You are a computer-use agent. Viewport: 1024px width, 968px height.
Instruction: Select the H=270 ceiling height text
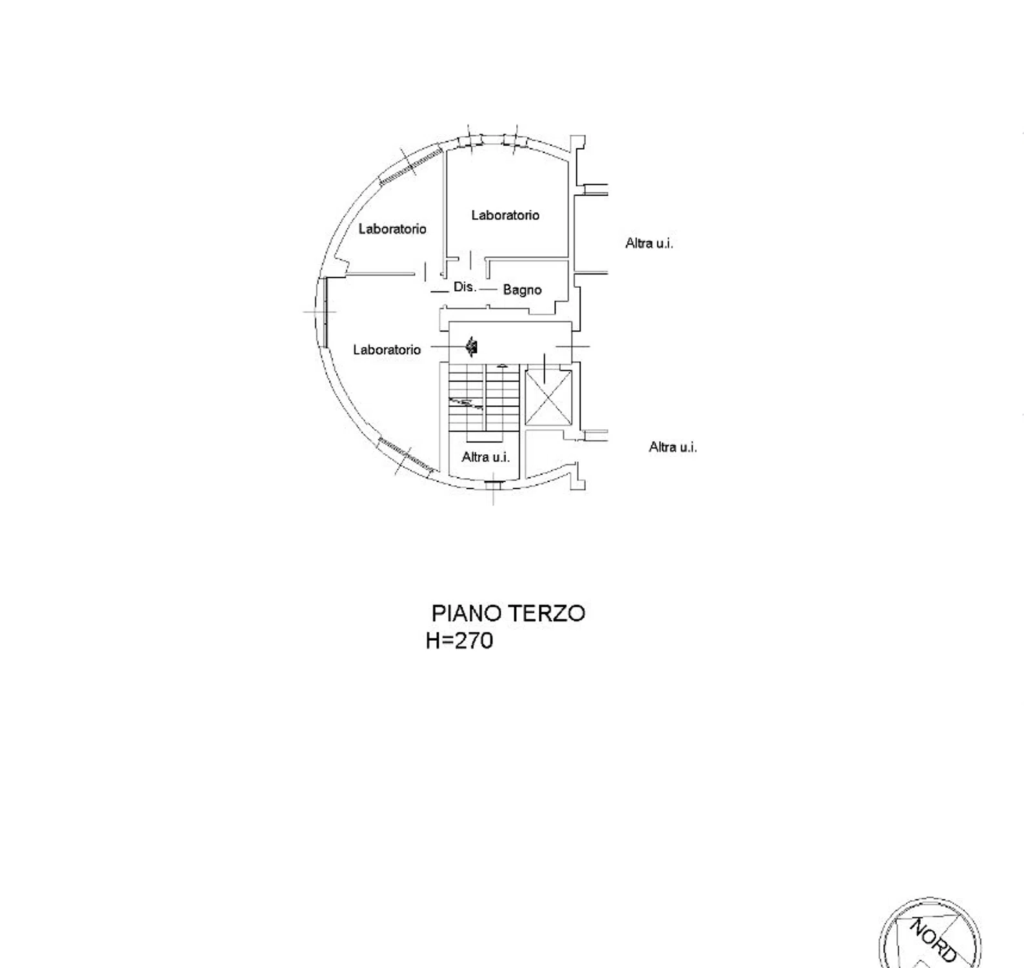[x=459, y=640]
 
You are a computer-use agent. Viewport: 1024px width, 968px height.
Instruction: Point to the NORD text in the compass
[x=933, y=940]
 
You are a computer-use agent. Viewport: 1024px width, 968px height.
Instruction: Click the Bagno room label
[x=522, y=290]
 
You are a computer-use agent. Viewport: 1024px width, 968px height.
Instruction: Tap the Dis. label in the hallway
[x=465, y=287]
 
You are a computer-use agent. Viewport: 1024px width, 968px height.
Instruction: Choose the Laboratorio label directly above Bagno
[x=505, y=215]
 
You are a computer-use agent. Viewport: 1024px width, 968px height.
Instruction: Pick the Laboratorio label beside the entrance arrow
[x=387, y=350]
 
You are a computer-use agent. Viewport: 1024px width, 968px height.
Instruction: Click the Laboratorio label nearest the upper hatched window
[x=392, y=228]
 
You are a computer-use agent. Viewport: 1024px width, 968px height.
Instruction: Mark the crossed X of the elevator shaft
[x=548, y=398]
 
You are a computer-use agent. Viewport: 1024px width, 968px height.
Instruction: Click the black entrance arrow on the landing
[x=472, y=347]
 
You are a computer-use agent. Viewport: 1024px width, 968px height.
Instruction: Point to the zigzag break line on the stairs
[x=467, y=403]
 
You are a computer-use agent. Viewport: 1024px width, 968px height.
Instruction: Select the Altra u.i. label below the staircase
[x=486, y=457]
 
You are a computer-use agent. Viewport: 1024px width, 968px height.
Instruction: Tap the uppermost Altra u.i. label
[x=649, y=243]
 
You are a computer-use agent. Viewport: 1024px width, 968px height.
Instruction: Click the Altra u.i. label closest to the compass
[x=673, y=447]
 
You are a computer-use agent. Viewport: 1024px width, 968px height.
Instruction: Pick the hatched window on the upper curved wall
[x=410, y=167]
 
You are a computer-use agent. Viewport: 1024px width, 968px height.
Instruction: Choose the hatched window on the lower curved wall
[x=407, y=454]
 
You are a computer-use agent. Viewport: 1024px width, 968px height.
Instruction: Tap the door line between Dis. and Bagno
[x=488, y=289]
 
